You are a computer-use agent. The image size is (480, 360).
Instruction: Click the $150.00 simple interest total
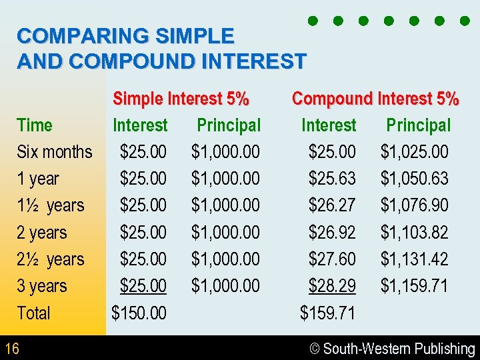pyautogui.click(x=139, y=313)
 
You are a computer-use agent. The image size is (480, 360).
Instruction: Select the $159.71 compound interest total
pyautogui.click(x=327, y=313)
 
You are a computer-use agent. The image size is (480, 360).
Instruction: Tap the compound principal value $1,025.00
pyautogui.click(x=414, y=152)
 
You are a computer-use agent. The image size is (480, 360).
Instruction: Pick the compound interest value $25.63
pyautogui.click(x=332, y=179)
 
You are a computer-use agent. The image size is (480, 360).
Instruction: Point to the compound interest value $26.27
pyautogui.click(x=332, y=205)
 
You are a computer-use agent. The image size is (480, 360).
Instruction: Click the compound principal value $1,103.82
pyautogui.click(x=414, y=233)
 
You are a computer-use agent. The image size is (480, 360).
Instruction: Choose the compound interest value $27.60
pyautogui.click(x=332, y=259)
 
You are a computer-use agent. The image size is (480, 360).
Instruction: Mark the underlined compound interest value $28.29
pyautogui.click(x=332, y=286)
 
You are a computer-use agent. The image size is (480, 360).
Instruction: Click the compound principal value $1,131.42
pyautogui.click(x=414, y=259)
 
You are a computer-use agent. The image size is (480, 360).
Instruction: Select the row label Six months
pyautogui.click(x=55, y=152)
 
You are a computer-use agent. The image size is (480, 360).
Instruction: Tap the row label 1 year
pyautogui.click(x=38, y=179)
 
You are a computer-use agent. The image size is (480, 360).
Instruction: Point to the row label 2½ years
pyautogui.click(x=51, y=259)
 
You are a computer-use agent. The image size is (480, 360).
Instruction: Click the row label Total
pyautogui.click(x=33, y=313)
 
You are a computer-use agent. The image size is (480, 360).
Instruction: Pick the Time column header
pyautogui.click(x=35, y=125)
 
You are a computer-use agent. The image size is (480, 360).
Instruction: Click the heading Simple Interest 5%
pyautogui.click(x=181, y=99)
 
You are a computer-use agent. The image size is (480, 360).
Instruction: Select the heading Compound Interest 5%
pyautogui.click(x=375, y=99)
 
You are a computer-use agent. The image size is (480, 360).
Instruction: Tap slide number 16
pyautogui.click(x=11, y=348)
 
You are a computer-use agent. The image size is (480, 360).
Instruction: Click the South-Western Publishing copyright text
pyautogui.click(x=393, y=349)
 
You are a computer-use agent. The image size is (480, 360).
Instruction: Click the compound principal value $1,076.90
pyautogui.click(x=414, y=205)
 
